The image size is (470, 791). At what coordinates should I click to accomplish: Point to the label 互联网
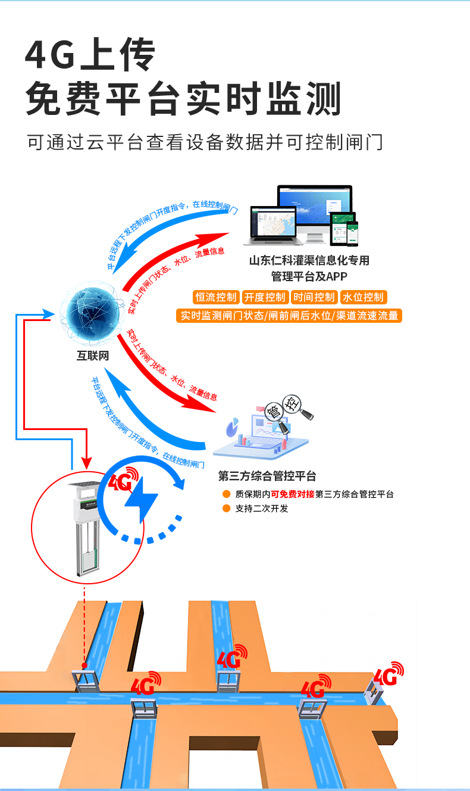93,356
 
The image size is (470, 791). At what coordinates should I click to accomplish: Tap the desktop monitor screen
315,205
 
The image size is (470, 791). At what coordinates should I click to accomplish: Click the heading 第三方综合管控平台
267,476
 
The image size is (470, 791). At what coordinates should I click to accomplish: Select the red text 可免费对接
293,494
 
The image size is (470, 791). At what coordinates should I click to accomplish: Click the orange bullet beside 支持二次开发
226,509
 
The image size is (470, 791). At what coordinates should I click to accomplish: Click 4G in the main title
50,55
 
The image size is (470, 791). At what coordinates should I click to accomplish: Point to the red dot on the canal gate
84,665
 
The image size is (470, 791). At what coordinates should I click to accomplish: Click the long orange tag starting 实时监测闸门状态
289,316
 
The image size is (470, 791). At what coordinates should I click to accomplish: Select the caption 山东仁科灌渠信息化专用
309,260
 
